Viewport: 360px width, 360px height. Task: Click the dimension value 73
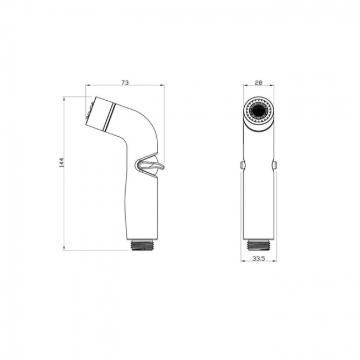point(125,83)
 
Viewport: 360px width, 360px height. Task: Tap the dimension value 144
point(62,162)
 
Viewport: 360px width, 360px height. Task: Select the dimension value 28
point(259,83)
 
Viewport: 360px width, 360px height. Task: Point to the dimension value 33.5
point(259,258)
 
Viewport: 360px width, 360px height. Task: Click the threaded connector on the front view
point(259,245)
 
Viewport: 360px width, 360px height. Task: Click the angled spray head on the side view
point(100,114)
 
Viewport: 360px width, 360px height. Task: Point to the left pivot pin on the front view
point(242,164)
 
